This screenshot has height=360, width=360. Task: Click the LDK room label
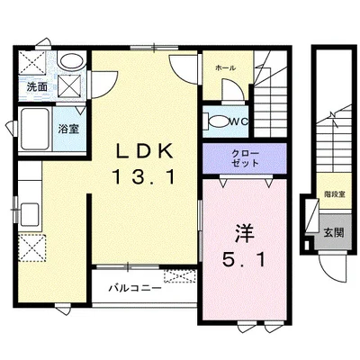coord(145,151)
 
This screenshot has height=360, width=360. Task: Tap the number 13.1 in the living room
coord(144,176)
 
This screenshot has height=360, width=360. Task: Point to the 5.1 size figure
coord(244,259)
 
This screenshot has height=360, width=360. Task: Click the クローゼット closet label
coord(245,158)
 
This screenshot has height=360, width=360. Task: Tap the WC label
coord(239,121)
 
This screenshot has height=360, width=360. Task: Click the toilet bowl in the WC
coord(218,121)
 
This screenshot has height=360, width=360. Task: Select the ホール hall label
coord(225,68)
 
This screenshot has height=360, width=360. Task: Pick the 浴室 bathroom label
coord(68,129)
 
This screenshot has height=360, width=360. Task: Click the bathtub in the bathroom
coord(35,129)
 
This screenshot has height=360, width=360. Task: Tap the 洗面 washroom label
coord(37,87)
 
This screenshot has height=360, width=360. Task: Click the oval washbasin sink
coord(71,61)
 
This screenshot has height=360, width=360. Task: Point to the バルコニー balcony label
coord(135,289)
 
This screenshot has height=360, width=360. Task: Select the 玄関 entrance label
coord(333,232)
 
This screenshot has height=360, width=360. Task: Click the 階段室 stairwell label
coord(334,194)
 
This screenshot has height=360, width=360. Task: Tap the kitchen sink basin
coord(30,214)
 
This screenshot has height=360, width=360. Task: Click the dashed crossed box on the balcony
coord(180,276)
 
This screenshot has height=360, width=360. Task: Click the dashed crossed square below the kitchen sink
coord(31,248)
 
